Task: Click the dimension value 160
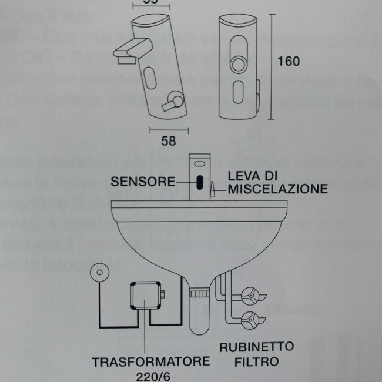coord(289,61)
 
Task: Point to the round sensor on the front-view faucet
coord(239,64)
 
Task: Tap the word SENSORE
coord(143,180)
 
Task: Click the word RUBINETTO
coord(256,346)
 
